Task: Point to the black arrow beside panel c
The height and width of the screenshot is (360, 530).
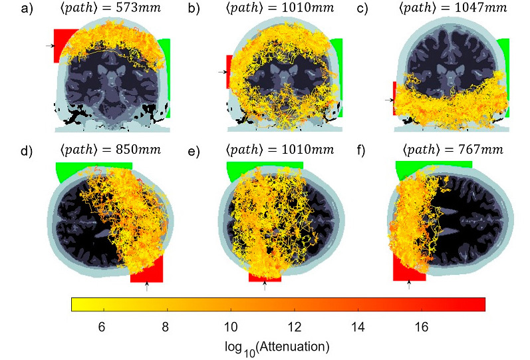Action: click(x=388, y=100)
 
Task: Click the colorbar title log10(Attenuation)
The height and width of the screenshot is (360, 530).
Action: click(x=278, y=347)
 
